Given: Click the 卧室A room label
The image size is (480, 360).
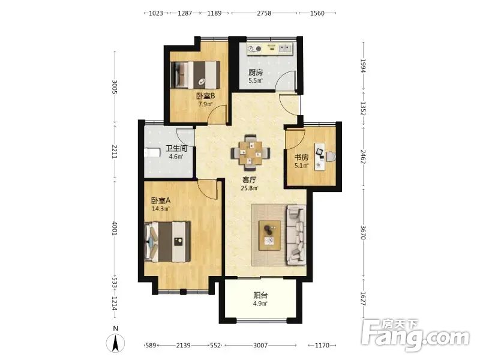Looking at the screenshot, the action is [161, 201].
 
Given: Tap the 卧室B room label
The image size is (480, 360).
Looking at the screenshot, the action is [206, 96].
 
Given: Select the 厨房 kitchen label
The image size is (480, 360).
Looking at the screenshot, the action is [256, 73].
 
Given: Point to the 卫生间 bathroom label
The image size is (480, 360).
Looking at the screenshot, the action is [176, 149].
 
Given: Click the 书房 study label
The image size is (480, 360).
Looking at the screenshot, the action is [302, 158].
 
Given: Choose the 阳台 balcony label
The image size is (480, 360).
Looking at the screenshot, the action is [260, 295].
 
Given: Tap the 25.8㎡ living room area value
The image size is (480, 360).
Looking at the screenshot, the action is [250, 188].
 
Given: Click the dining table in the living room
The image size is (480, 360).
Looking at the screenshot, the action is [250, 152].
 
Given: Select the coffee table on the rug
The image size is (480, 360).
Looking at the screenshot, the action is [269, 235].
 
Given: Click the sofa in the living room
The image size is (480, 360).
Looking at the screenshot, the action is [296, 235].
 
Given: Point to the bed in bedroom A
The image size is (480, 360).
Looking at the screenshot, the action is [167, 242].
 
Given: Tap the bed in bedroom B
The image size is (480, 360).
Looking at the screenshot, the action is [195, 74].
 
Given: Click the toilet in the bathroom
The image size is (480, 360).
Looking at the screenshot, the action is [152, 152].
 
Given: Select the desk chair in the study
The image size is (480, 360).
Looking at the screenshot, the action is [331, 157].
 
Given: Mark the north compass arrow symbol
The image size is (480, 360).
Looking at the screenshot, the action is [115, 343].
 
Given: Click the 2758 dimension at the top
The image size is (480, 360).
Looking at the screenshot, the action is [264, 13].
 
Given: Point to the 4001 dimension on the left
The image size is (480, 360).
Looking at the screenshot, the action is [115, 229].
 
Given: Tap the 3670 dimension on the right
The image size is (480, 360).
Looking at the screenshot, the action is [363, 233].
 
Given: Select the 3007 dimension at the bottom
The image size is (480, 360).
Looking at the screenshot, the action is [260, 346].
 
